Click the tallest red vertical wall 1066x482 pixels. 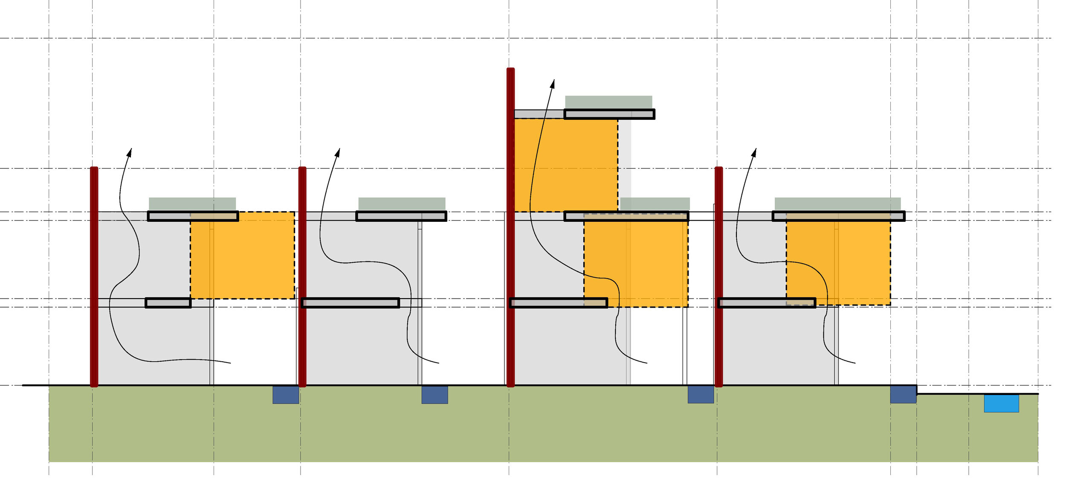pos(510,226)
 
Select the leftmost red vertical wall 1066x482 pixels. pos(94,277)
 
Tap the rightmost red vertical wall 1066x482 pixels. pos(718,277)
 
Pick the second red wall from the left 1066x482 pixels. pos(302,277)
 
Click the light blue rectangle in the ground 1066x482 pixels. pos(1001,403)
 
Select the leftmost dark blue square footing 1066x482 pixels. pos(286,395)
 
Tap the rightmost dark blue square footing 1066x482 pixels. pos(903,394)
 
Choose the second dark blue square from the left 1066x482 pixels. pos(435,395)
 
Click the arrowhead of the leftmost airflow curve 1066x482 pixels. pos(130,152)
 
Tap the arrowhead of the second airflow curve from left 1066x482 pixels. pos(338,152)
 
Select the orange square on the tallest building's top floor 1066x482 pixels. pos(566,165)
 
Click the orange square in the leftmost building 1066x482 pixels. pos(242,255)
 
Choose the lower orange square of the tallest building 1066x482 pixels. pos(636,260)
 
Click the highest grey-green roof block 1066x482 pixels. pos(608,102)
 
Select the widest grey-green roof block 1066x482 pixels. pos(837,203)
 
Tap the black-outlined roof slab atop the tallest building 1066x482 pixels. pos(609,114)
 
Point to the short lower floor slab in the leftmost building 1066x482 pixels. pos(168,303)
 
